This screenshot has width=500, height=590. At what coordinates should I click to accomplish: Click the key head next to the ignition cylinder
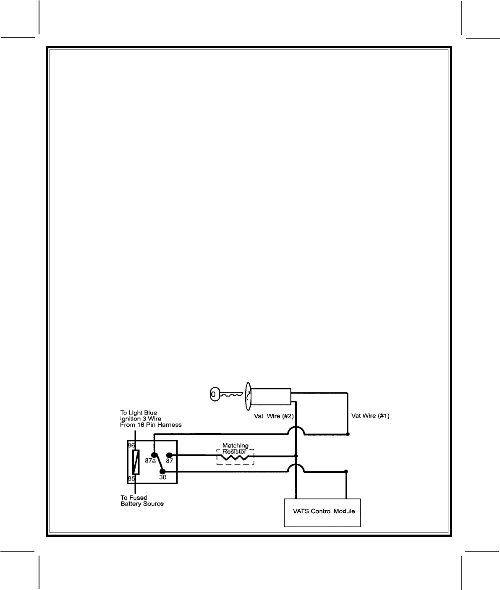(214, 394)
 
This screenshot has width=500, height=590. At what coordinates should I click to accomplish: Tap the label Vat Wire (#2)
(273, 417)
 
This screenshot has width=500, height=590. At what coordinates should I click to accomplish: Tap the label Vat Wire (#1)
(370, 416)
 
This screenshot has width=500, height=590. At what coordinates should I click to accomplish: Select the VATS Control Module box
(322, 512)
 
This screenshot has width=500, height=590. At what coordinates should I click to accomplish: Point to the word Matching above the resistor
(235, 446)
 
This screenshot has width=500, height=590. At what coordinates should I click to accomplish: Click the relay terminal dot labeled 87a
(154, 455)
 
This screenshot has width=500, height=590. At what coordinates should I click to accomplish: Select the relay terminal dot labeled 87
(169, 455)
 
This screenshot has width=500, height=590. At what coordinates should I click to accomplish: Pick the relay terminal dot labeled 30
(162, 471)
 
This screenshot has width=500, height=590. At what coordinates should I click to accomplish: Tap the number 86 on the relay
(131, 445)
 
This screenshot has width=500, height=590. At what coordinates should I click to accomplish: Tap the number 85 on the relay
(131, 478)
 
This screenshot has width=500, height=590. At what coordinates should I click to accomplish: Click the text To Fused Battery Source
(142, 501)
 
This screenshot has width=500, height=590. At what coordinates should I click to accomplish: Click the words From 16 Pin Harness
(151, 425)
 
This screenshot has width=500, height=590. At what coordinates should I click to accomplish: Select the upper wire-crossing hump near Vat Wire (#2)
(297, 431)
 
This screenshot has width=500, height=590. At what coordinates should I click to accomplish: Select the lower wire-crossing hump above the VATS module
(297, 468)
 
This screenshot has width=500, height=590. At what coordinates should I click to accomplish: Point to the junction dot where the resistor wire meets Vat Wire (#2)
(297, 456)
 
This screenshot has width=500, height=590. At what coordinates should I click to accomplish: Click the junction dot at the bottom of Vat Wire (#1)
(348, 434)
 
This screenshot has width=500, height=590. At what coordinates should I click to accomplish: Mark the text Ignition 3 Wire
(141, 419)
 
